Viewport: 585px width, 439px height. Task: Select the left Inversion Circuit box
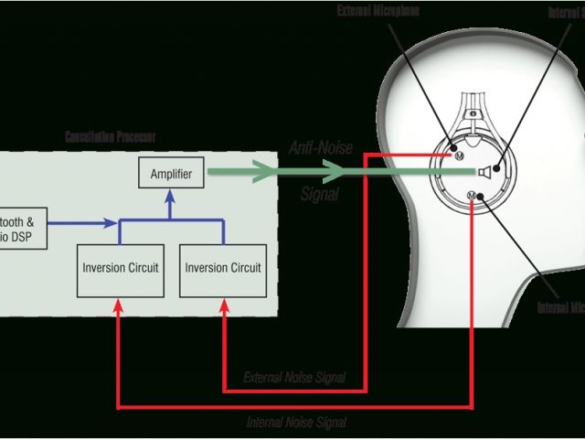(119, 268)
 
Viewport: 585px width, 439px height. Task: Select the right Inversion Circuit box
(222, 268)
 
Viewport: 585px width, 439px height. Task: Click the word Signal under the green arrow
(320, 194)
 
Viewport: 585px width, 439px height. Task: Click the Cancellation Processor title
(110, 136)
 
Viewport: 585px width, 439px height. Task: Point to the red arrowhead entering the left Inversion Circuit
(119, 307)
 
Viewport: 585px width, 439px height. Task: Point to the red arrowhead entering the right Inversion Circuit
(222, 307)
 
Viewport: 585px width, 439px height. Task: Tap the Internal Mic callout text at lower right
(561, 307)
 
